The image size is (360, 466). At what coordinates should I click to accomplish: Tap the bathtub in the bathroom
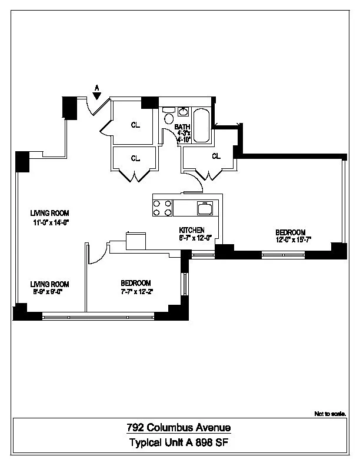pyautogui.click(x=202, y=125)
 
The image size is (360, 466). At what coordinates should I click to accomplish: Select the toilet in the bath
pyautogui.click(x=169, y=111)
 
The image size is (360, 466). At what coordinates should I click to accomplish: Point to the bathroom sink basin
pyautogui.click(x=183, y=111)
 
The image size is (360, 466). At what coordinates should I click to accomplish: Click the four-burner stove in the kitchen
pyautogui.click(x=163, y=208)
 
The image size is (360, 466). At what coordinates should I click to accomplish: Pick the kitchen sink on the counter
pyautogui.click(x=205, y=207)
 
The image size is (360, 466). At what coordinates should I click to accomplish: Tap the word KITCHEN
pyautogui.click(x=192, y=229)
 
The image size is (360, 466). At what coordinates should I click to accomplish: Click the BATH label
pyautogui.click(x=182, y=127)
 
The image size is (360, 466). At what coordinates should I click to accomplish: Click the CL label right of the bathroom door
pyautogui.click(x=216, y=156)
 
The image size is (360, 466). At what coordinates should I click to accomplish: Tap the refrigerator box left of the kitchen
pyautogui.click(x=135, y=242)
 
